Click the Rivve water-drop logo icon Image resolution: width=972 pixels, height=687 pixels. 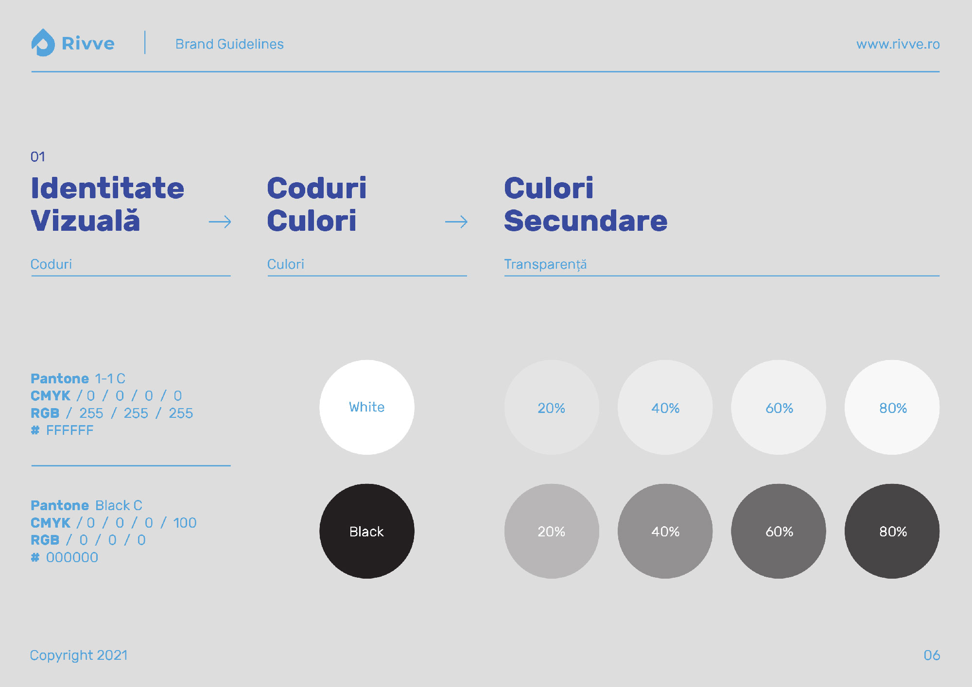tap(43, 43)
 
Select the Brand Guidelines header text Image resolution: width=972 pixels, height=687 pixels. tap(229, 44)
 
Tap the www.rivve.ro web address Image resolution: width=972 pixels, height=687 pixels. tap(898, 44)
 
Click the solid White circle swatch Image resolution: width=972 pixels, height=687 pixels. tap(367, 407)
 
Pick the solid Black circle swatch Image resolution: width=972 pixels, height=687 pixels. tap(367, 531)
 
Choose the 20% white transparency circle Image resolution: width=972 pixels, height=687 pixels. tap(552, 407)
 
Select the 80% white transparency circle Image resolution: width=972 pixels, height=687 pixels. tap(892, 407)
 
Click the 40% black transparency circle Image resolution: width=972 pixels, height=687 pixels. tap(665, 531)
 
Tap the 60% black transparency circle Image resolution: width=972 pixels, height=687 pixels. tap(779, 531)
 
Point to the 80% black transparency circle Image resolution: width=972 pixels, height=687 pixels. tap(892, 531)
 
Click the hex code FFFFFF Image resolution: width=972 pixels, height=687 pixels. tap(69, 430)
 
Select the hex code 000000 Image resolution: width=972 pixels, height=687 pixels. tap(72, 557)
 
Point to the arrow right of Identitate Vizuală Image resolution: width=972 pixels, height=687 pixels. tap(220, 222)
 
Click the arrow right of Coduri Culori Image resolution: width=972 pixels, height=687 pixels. tap(456, 222)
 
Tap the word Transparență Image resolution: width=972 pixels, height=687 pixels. tap(545, 265)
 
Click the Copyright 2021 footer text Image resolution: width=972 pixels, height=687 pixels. tap(79, 655)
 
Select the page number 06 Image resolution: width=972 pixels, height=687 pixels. tap(932, 655)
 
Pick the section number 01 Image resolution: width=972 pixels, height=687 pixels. tap(38, 157)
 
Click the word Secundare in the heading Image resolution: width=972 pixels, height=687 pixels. tap(586, 221)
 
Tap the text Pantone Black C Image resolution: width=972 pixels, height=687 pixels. tap(87, 505)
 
